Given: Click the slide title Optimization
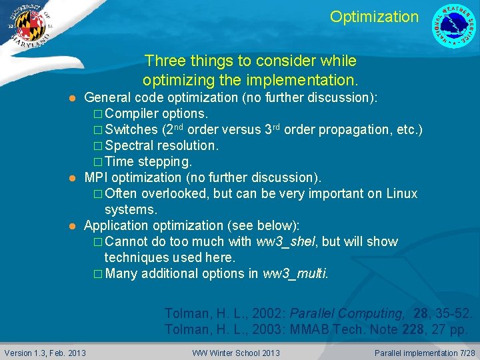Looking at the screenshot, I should click(374, 17).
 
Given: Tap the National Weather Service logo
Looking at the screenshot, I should click(454, 26).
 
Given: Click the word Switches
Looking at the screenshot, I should click(131, 129).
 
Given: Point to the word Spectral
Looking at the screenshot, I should click(130, 145).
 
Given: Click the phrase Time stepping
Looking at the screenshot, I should click(148, 161).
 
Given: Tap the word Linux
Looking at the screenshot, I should click(400, 193).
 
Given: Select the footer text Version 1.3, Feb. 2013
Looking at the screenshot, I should click(45, 353).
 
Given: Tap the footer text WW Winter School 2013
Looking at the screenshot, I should click(236, 353).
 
